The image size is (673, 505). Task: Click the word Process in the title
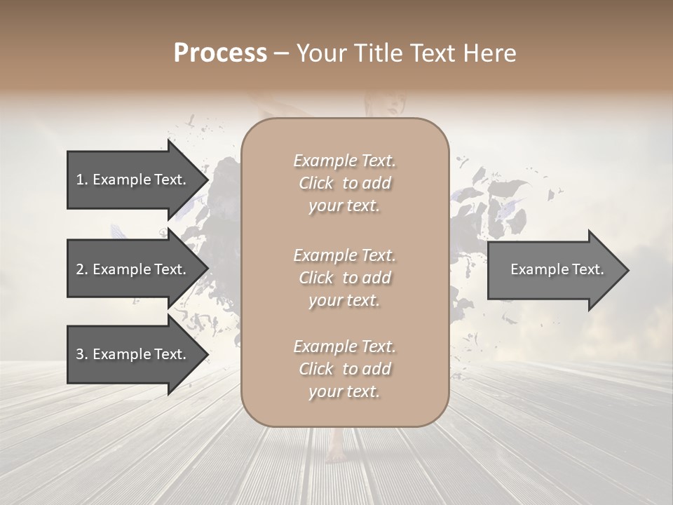[220, 53]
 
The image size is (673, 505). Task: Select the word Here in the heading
[490, 53]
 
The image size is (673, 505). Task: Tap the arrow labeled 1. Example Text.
[133, 180]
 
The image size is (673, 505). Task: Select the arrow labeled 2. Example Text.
[133, 269]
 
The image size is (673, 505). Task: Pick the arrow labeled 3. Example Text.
[133, 354]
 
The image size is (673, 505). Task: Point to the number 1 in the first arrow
[80, 180]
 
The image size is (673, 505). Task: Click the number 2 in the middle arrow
[80, 269]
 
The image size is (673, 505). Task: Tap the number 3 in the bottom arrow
[80, 354]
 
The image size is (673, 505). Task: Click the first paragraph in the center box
[344, 183]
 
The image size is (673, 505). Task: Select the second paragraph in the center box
[344, 278]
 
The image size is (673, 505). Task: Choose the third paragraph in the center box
[344, 369]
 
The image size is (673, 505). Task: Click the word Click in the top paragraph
[316, 183]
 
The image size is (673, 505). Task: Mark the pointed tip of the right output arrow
[627, 270]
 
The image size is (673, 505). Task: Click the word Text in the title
[439, 53]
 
